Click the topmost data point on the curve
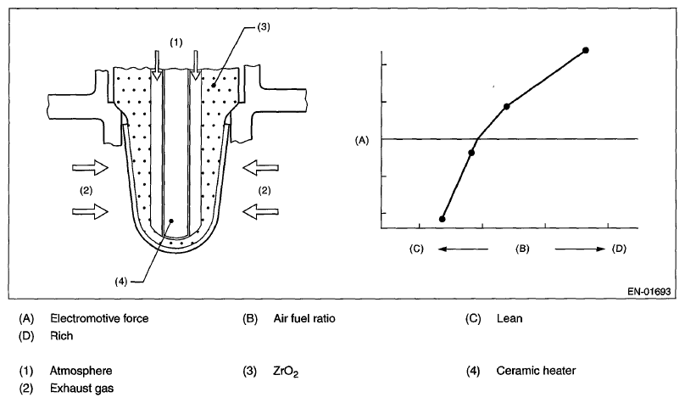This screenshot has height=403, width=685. coord(586,51)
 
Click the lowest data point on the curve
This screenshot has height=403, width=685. coord(442,219)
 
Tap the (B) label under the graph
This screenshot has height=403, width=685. coord(522,249)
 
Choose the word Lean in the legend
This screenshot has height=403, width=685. coord(510,319)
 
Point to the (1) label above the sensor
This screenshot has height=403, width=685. coord(175,41)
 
